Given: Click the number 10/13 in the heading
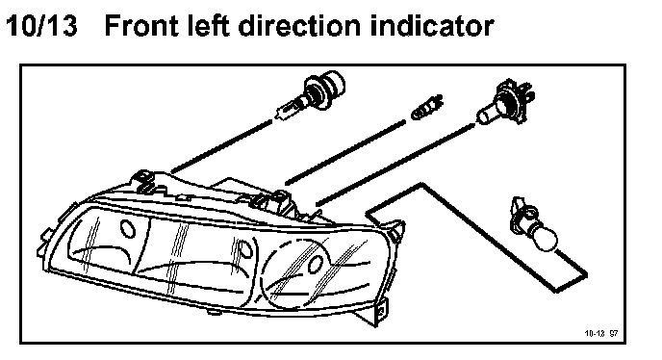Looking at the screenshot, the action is tap(41, 26).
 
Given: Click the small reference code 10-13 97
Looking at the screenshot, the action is tap(601, 333).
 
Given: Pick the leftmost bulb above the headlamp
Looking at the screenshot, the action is tap(312, 95).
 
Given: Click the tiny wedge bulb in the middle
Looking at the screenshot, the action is tap(427, 108).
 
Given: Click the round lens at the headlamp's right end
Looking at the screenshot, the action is tap(294, 273).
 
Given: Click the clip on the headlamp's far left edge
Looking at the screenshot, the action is tap(44, 240).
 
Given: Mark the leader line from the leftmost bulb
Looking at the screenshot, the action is tap(221, 146).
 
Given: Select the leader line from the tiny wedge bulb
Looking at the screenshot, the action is tap(345, 152).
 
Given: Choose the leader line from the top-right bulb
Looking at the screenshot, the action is tap(396, 165).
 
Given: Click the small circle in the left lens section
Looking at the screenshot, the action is tap(128, 228).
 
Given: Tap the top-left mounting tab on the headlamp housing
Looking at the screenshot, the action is tap(144, 181).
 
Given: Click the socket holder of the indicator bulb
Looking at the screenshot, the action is tap(522, 215).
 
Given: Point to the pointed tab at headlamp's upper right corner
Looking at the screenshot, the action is tap(396, 231).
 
